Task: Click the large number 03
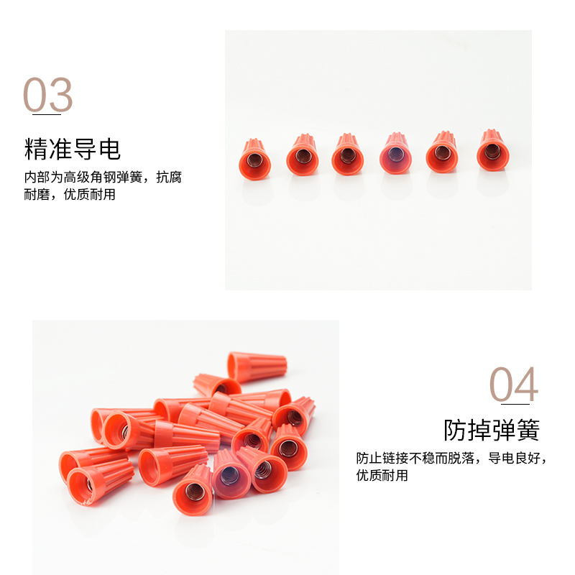[x=48, y=94]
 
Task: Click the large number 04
[x=514, y=385]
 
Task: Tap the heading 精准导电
[x=73, y=149]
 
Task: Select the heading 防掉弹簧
[x=491, y=430]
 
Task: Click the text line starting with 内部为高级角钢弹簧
[x=103, y=178]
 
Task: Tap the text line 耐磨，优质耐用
[x=70, y=195]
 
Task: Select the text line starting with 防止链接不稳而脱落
[x=451, y=458]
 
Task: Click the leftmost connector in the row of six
[x=255, y=158]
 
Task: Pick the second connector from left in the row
[x=302, y=155]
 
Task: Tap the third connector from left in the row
[x=348, y=154]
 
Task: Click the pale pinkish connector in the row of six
[x=395, y=153]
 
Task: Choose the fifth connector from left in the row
[x=443, y=152]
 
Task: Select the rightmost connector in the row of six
[x=492, y=149]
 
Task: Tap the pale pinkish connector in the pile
[x=229, y=476]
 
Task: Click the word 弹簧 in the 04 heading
[x=515, y=430]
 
